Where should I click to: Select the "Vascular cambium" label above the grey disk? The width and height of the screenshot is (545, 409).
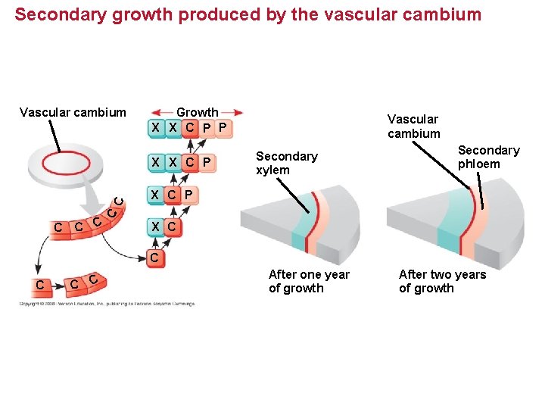[73, 113]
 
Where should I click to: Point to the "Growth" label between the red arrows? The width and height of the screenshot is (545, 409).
[197, 112]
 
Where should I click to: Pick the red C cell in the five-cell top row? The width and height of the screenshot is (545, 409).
[190, 127]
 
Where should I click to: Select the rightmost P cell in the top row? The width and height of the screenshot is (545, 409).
[223, 127]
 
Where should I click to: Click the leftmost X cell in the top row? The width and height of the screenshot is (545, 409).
[156, 127]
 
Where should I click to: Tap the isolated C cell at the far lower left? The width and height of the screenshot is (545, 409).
[39, 285]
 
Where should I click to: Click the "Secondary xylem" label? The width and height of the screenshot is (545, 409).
[286, 163]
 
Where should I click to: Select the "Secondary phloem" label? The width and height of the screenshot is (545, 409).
[488, 157]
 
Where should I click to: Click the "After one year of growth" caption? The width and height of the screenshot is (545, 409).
[309, 281]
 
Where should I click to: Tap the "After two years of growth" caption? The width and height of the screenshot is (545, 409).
[442, 281]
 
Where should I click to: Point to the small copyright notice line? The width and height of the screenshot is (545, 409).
[106, 304]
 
